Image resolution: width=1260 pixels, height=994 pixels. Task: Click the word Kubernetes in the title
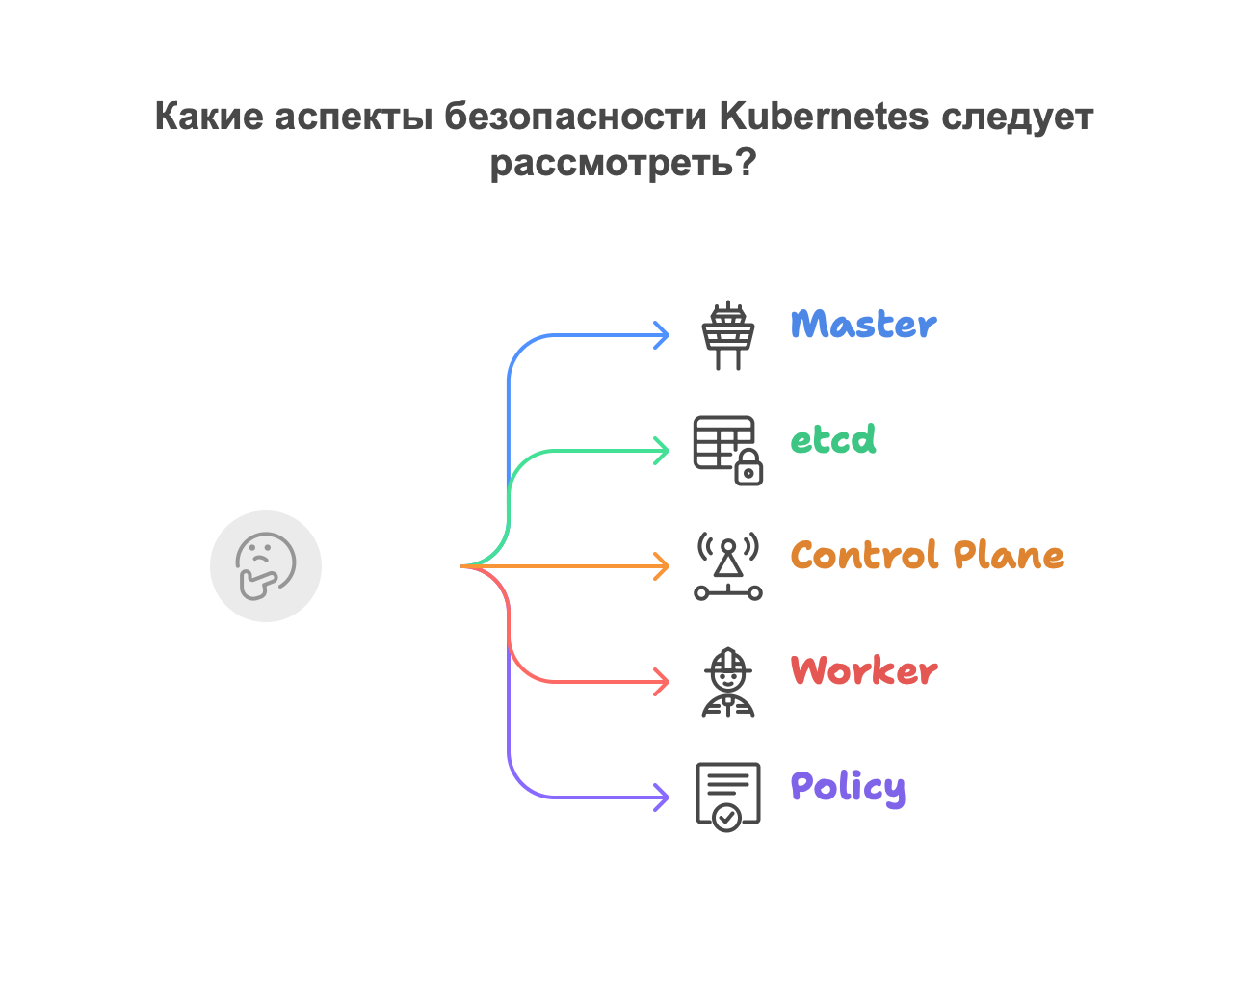pyautogui.click(x=824, y=117)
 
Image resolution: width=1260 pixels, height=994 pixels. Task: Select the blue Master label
pyautogui.click(x=863, y=325)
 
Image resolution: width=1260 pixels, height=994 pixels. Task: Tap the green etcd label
pyautogui.click(x=833, y=440)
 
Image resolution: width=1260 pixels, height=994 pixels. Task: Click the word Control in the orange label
pyautogui.click(x=865, y=556)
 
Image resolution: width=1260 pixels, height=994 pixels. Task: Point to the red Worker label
pyautogui.click(x=864, y=671)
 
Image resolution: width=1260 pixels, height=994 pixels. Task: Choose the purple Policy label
pyautogui.click(x=848, y=787)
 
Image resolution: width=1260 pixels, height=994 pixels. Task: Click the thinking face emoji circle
pyautogui.click(x=266, y=566)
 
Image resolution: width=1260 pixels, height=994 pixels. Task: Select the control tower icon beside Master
pyautogui.click(x=727, y=335)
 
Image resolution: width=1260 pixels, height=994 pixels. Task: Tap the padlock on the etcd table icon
pyautogui.click(x=748, y=470)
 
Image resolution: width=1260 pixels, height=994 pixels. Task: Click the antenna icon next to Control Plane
pyautogui.click(x=727, y=566)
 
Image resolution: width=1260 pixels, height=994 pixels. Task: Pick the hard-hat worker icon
pyautogui.click(x=727, y=682)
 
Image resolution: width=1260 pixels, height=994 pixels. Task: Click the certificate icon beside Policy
pyautogui.click(x=727, y=797)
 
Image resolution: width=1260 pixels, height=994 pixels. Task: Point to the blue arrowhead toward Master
pyautogui.click(x=662, y=335)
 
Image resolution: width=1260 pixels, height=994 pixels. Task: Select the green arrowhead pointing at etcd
pyautogui.click(x=662, y=451)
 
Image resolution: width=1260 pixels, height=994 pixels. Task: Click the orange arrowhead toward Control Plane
pyautogui.click(x=662, y=566)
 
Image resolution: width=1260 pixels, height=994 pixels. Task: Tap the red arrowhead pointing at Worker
pyautogui.click(x=662, y=682)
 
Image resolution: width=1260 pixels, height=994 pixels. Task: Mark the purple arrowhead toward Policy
pyautogui.click(x=662, y=798)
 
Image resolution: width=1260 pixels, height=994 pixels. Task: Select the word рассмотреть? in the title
pyautogui.click(x=623, y=163)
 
